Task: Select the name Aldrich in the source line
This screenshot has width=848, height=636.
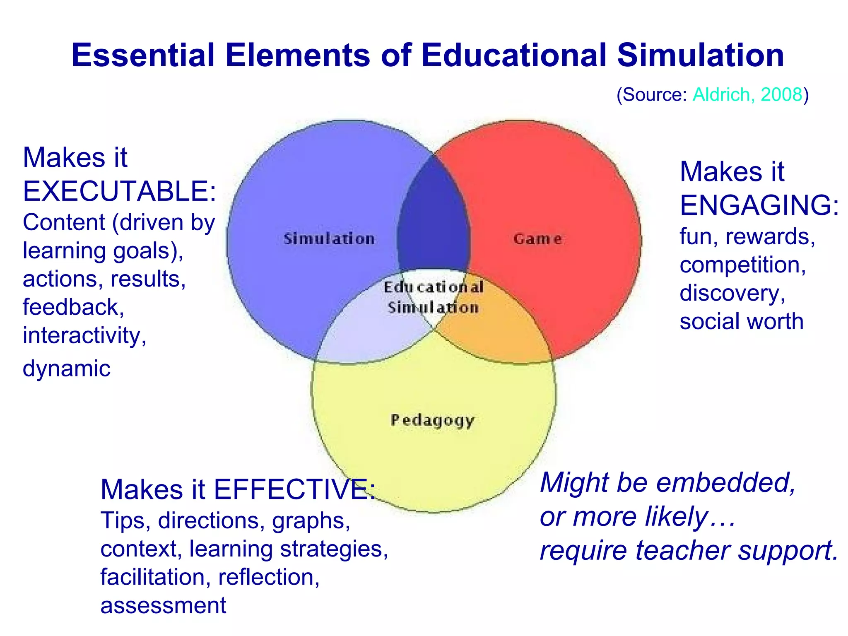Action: (721, 94)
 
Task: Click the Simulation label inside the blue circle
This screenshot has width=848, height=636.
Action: (329, 239)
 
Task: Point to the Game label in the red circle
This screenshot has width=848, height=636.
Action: (537, 239)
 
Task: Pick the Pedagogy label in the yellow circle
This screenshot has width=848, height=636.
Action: (432, 420)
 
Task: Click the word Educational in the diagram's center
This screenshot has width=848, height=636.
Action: (433, 287)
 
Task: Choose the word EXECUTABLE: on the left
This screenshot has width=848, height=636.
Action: (119, 191)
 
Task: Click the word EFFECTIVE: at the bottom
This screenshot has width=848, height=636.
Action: (294, 489)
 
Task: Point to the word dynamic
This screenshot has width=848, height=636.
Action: (66, 368)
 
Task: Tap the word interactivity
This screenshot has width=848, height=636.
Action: (84, 335)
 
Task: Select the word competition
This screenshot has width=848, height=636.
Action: (742, 265)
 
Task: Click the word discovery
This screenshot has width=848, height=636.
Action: (732, 293)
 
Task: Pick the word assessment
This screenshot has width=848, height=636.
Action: (163, 605)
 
